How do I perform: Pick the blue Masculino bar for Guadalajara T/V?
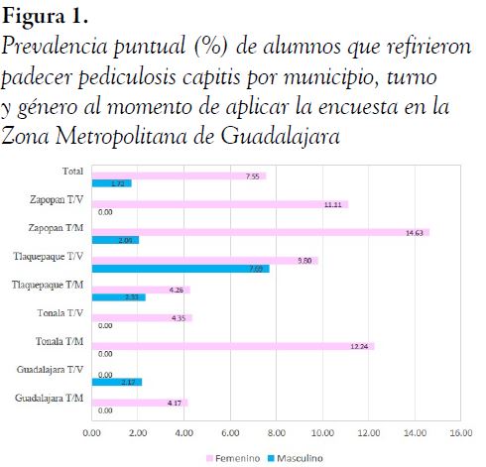(117, 382)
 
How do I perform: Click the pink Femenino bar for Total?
(179, 175)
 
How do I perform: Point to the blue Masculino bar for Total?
(111, 183)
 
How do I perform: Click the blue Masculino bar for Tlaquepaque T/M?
(118, 296)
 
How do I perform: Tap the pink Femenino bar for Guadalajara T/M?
(140, 402)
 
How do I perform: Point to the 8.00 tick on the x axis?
(276, 432)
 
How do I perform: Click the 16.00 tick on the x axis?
(459, 432)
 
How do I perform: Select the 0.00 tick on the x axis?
(92, 432)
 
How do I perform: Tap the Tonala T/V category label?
(61, 314)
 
